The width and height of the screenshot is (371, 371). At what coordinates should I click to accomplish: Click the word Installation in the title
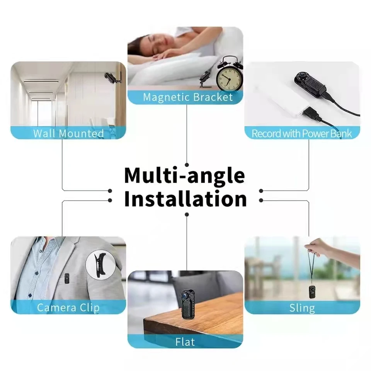tap(185, 199)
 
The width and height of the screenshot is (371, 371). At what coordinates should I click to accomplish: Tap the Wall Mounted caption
tap(68, 133)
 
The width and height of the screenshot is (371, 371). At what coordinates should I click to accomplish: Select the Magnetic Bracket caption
tap(188, 97)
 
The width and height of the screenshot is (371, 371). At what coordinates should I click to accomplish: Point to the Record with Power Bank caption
tap(302, 134)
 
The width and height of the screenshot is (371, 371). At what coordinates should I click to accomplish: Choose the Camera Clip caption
tap(68, 308)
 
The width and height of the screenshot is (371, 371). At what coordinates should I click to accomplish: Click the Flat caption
tap(185, 342)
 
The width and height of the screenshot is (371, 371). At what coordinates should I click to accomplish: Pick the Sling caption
tap(302, 308)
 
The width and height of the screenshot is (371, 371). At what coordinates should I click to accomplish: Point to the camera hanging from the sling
tap(312, 292)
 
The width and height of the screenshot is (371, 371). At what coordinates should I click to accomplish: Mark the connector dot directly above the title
tap(187, 165)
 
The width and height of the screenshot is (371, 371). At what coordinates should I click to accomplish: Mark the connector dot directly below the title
tap(187, 214)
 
